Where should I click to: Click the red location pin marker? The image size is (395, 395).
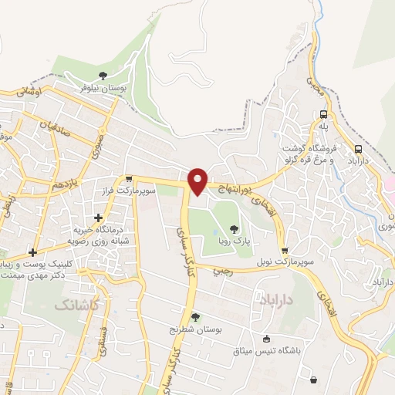point(198,181)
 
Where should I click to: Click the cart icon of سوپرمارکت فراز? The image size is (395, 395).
point(129,179)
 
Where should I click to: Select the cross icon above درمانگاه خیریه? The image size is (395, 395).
point(97,218)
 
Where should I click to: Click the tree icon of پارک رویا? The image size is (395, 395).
point(234,228)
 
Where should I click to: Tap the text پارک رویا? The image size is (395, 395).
point(234,241)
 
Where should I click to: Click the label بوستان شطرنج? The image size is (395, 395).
point(196,329)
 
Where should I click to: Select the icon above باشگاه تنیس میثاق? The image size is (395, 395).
point(267,338)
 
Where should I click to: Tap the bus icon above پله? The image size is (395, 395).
point(324,114)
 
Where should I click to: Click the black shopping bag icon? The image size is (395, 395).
point(313,379)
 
